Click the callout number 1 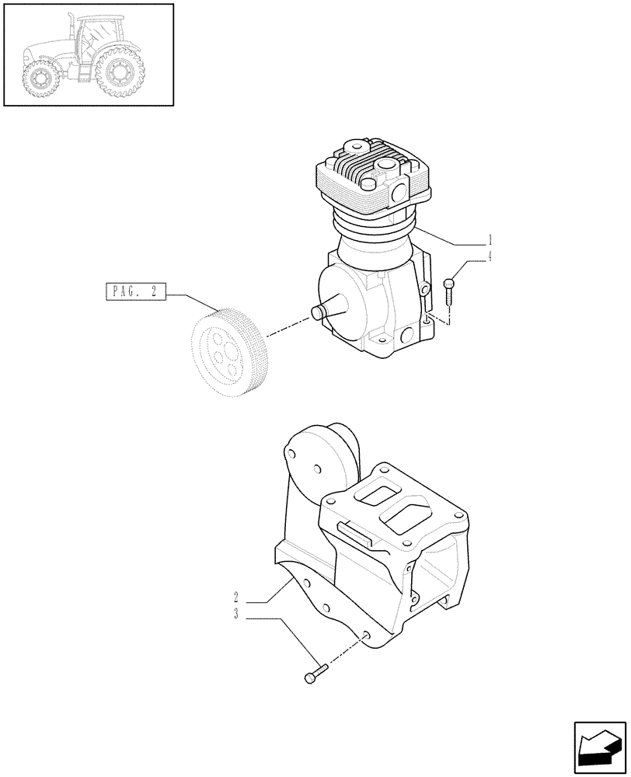490,240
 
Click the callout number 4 490,256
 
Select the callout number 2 235,598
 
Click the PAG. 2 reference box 134,292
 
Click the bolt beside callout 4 449,294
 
